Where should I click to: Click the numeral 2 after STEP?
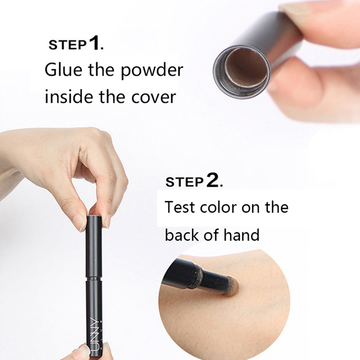[x=213, y=180]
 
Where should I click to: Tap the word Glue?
[x=63, y=70]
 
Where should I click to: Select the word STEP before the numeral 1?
[x=68, y=45]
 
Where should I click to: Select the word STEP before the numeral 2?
[x=184, y=182]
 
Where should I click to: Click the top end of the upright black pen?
[x=94, y=216]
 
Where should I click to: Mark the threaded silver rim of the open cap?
[x=241, y=71]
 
